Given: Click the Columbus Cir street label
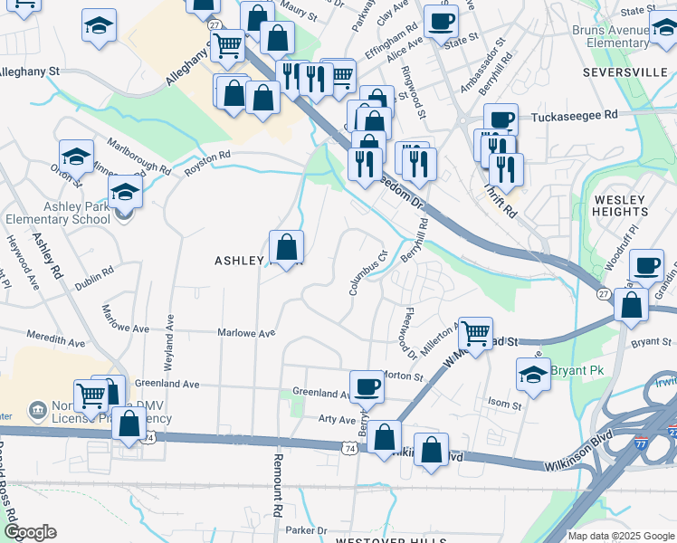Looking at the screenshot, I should coord(370,272).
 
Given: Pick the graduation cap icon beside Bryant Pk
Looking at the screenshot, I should coord(533,372).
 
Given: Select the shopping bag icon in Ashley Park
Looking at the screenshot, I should coord(286,246).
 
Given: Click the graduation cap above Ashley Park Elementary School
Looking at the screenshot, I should coord(126,190).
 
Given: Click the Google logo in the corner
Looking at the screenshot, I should coord(30,532).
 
